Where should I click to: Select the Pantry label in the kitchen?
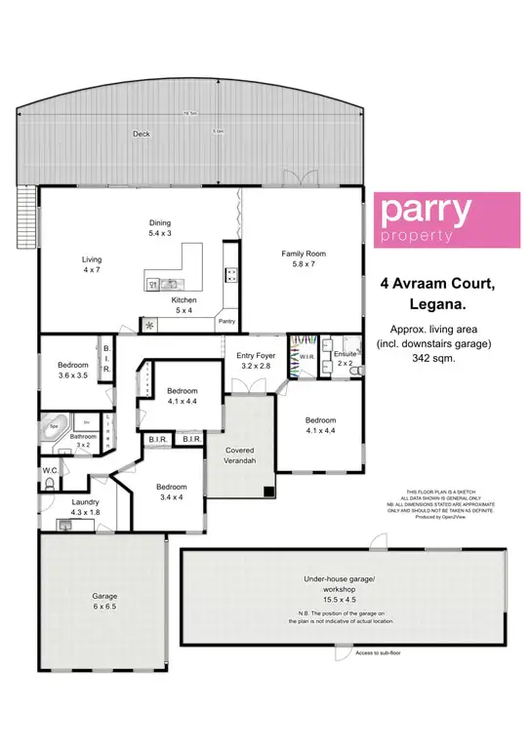pos(226,321)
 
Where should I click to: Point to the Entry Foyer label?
pos(257,363)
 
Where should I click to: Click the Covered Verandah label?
pos(240,456)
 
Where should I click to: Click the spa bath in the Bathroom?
pos(56,428)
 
